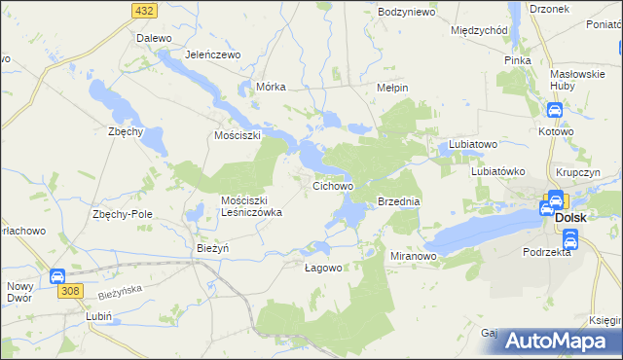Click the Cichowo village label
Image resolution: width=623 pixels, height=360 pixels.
[332, 184]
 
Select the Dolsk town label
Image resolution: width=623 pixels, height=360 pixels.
[570, 218]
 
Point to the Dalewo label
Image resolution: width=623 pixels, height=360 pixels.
[154, 38]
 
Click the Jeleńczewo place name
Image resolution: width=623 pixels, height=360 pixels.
[212, 54]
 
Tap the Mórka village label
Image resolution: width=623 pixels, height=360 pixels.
[271, 86]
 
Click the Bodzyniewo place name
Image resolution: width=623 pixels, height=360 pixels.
[407, 12]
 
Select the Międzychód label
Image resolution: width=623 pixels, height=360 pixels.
[480, 29]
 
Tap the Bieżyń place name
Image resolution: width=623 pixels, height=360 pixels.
[212, 247]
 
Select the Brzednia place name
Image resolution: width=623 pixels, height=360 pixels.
[398, 201]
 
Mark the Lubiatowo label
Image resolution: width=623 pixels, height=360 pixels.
[473, 144]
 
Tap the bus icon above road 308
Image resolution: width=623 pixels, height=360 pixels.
[56, 276]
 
